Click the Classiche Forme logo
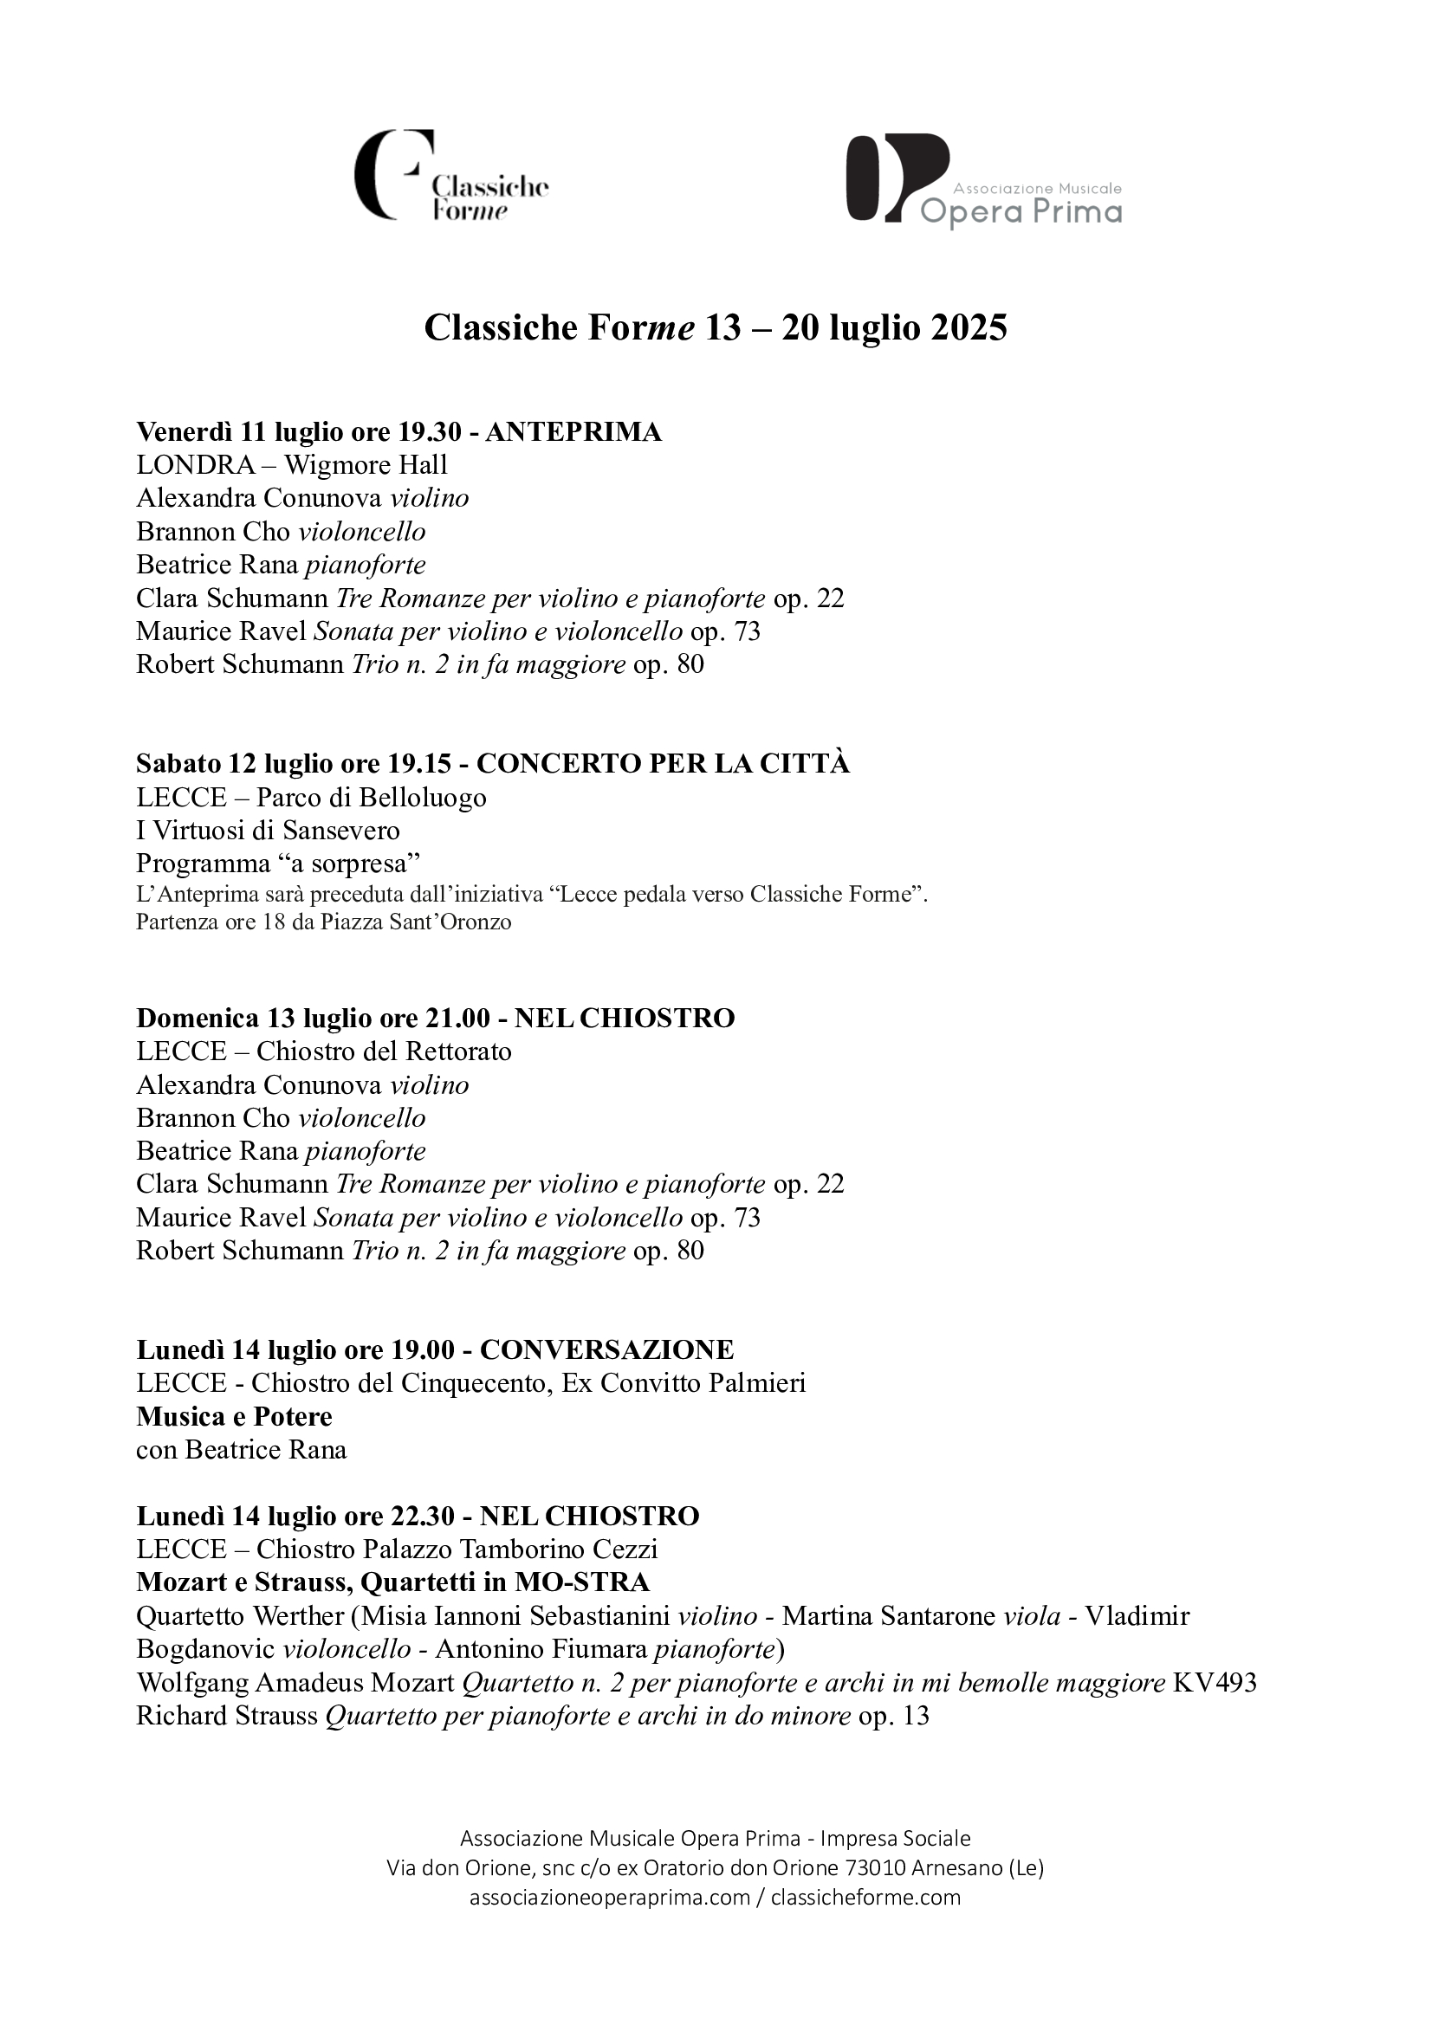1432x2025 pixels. pos(450,176)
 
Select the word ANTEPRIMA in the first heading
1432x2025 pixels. pos(573,432)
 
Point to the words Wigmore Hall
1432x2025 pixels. pos(366,465)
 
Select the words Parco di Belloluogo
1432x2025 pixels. pos(372,798)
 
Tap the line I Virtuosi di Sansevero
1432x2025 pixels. pos(268,830)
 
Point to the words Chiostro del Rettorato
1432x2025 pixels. pos(384,1051)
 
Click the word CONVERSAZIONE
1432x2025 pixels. pos(606,1349)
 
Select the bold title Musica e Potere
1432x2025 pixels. pos(234,1416)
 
